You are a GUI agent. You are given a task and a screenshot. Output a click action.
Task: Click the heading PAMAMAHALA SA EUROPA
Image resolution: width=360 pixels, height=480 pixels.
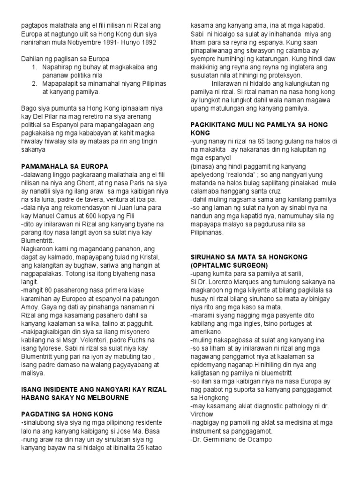(x=65, y=166)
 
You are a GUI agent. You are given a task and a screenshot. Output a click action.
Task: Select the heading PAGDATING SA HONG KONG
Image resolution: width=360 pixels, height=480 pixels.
(x=67, y=414)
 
